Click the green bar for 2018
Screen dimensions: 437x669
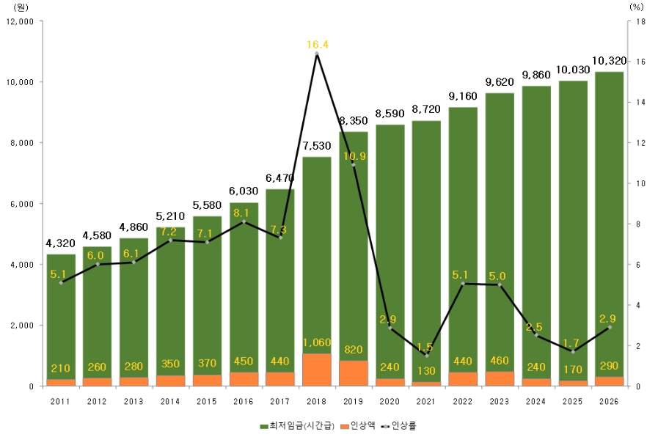point(317,257)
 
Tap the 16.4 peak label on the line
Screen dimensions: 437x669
point(317,45)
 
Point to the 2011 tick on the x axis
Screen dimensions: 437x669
point(61,400)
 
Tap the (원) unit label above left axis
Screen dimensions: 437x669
point(21,7)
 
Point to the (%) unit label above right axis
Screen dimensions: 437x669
point(635,7)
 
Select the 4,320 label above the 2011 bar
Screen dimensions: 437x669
point(61,244)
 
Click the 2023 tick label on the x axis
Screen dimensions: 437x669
point(500,400)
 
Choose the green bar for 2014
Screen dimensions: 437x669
point(171,308)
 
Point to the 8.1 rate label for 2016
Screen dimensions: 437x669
point(244,213)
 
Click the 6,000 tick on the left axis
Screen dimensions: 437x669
point(21,203)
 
